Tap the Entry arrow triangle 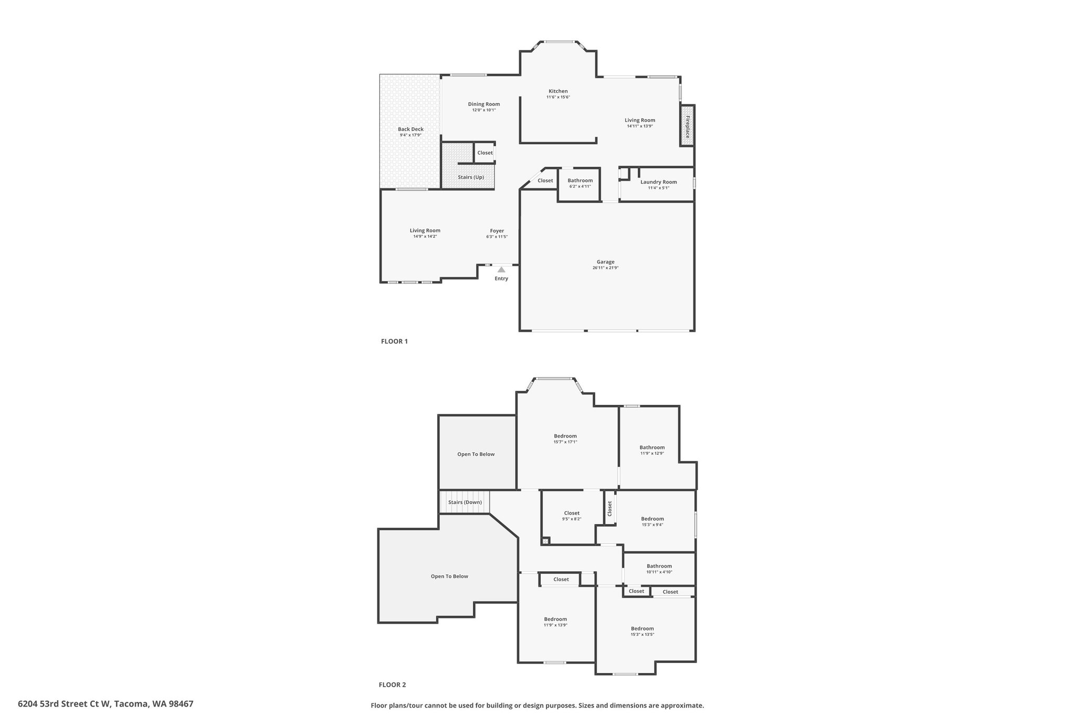[501, 270]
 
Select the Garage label [605, 262]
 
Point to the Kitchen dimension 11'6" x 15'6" [558, 97]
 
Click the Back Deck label [410, 129]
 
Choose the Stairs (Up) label [471, 177]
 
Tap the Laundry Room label [658, 182]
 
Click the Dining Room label [484, 104]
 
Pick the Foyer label [497, 231]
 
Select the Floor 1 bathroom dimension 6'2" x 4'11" [580, 186]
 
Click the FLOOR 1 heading [394, 341]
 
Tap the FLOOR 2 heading [393, 685]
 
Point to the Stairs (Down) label [465, 502]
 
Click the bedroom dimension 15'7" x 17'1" [565, 442]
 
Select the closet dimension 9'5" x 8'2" [572, 519]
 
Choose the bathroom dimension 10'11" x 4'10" [659, 572]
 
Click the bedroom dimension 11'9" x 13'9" [555, 625]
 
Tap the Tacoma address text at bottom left [106, 704]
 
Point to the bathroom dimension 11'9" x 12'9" [652, 453]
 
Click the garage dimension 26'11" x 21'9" [606, 268]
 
